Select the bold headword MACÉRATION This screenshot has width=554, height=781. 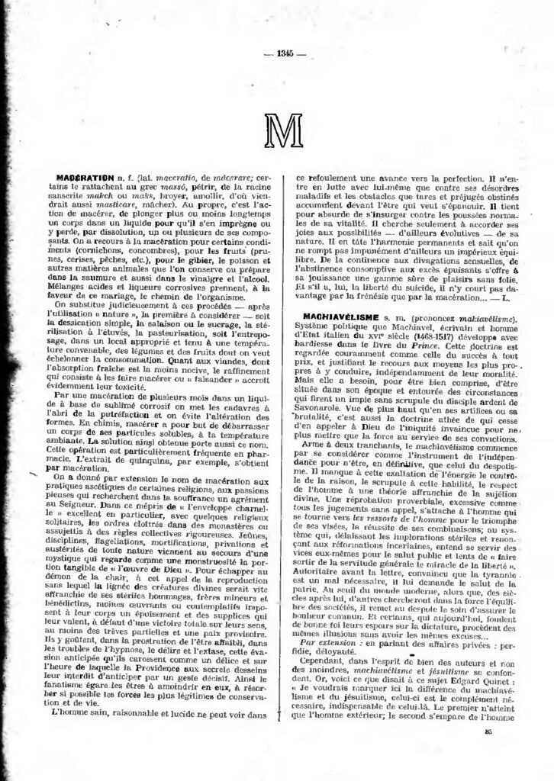[86, 177]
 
